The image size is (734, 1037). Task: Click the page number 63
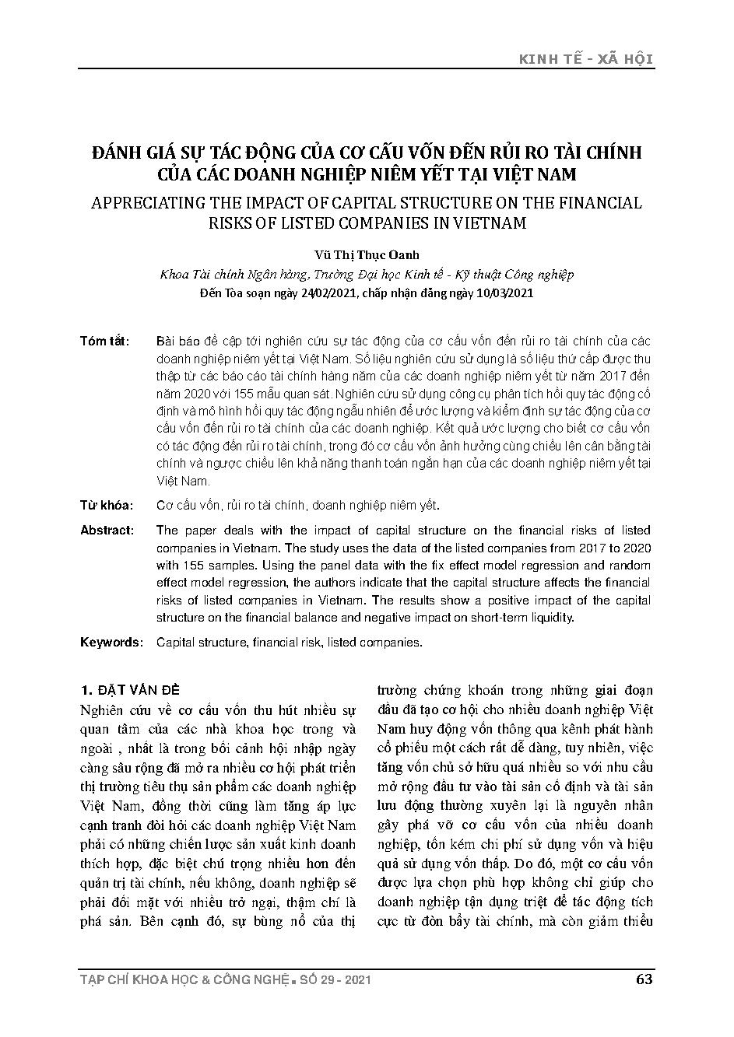click(644, 979)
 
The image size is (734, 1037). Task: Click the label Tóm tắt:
click(104, 342)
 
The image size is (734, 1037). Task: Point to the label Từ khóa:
click(106, 505)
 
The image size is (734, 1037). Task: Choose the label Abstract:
click(107, 531)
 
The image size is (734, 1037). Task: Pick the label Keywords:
click(111, 643)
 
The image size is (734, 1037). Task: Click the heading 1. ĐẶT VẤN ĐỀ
click(130, 690)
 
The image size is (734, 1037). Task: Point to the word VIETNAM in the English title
click(489, 223)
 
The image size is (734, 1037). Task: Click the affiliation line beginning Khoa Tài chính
click(367, 275)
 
